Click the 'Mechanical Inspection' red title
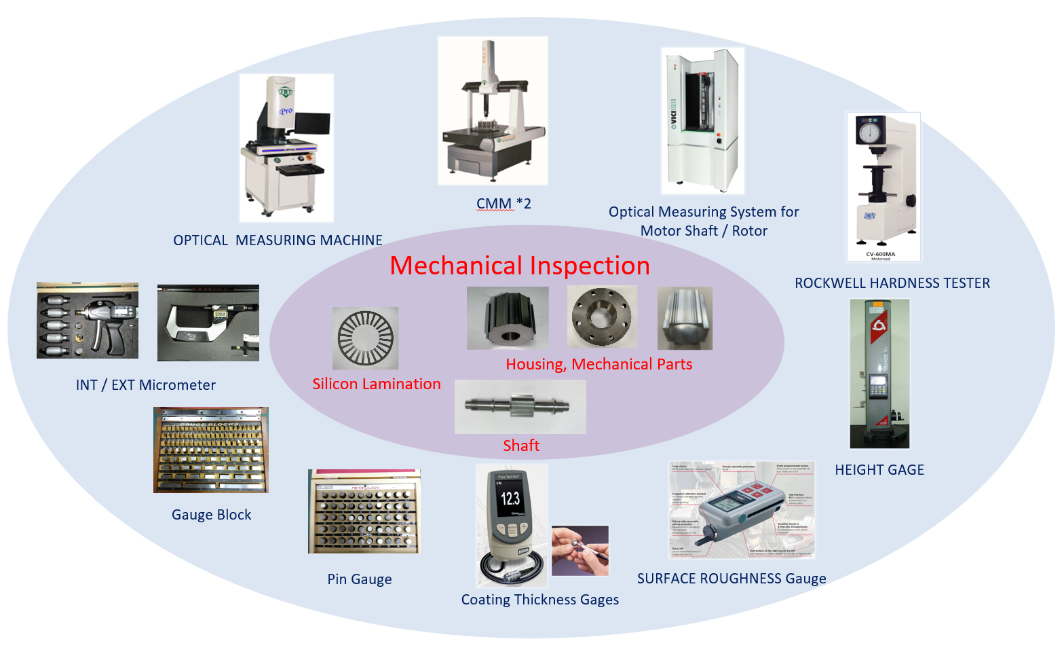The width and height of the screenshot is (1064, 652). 520,266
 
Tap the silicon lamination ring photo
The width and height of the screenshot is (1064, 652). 365,338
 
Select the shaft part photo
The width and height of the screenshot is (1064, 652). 520,406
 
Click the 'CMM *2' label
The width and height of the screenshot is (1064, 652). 503,204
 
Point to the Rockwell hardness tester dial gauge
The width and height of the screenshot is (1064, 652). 869,132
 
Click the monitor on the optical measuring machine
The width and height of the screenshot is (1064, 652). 313,124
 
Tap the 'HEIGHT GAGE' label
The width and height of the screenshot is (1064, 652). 879,470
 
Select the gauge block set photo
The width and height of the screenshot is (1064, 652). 211,450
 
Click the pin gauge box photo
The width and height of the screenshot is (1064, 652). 364,511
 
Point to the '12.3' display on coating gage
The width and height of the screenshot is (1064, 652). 510,499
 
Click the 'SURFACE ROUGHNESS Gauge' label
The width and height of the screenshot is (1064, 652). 731,579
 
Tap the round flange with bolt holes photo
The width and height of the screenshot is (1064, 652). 601,317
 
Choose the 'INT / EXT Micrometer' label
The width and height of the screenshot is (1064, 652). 146,385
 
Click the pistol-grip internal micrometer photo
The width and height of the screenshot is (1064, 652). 88,321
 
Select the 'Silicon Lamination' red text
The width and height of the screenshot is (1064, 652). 377,384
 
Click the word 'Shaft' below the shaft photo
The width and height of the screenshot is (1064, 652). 521,446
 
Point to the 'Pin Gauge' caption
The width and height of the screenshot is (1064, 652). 360,579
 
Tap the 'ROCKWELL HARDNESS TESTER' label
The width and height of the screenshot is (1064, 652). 892,283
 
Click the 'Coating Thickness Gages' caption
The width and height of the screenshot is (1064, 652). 540,600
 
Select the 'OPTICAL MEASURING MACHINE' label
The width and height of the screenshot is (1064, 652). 278,240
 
